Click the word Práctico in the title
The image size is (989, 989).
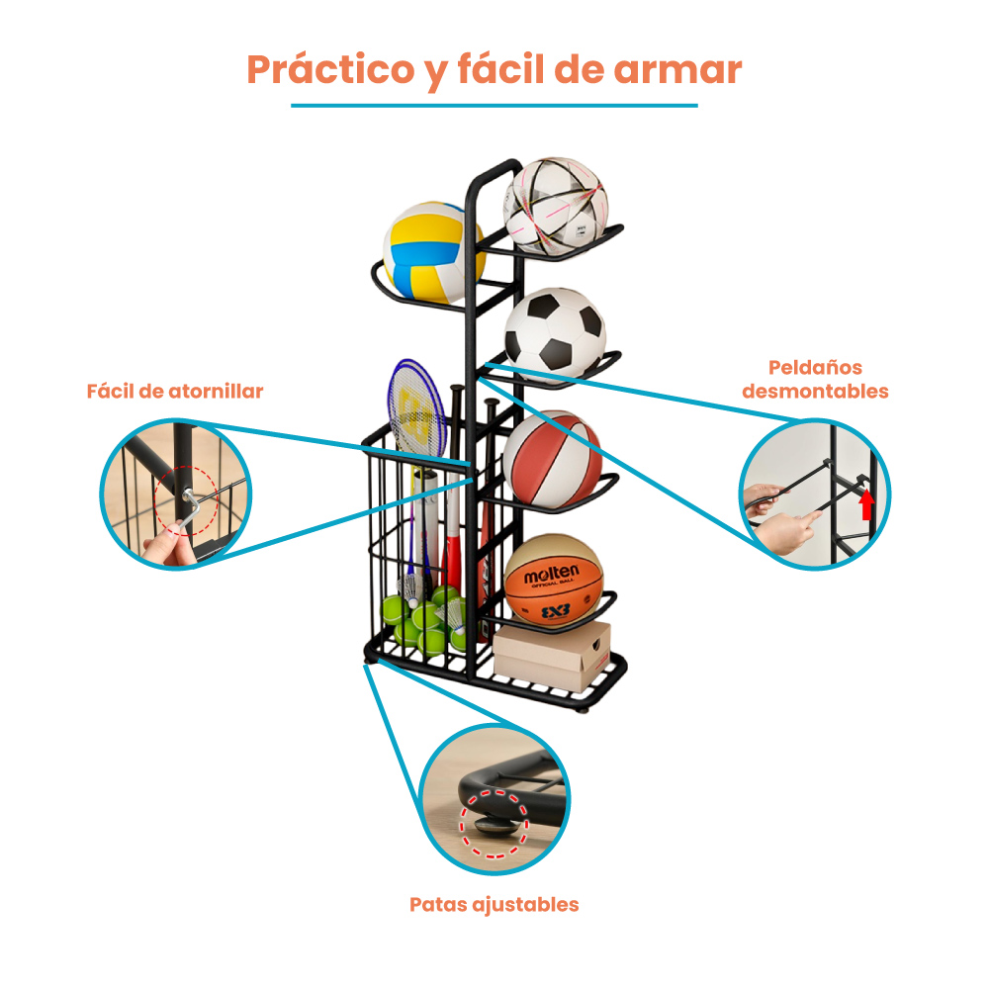point(330,69)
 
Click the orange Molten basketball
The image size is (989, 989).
point(553,581)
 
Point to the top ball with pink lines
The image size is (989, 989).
point(555,207)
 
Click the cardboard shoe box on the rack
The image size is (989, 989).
point(552,656)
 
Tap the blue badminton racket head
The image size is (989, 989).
point(416,406)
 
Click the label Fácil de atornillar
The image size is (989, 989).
point(175,391)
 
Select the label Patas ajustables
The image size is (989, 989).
point(494,905)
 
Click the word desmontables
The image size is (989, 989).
point(815,391)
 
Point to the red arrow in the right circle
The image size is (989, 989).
point(867,503)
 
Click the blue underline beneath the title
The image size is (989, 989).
point(494,106)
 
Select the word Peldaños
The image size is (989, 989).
point(815,367)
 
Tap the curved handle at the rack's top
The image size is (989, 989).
point(491,176)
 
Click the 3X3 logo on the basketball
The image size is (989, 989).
point(556,610)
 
